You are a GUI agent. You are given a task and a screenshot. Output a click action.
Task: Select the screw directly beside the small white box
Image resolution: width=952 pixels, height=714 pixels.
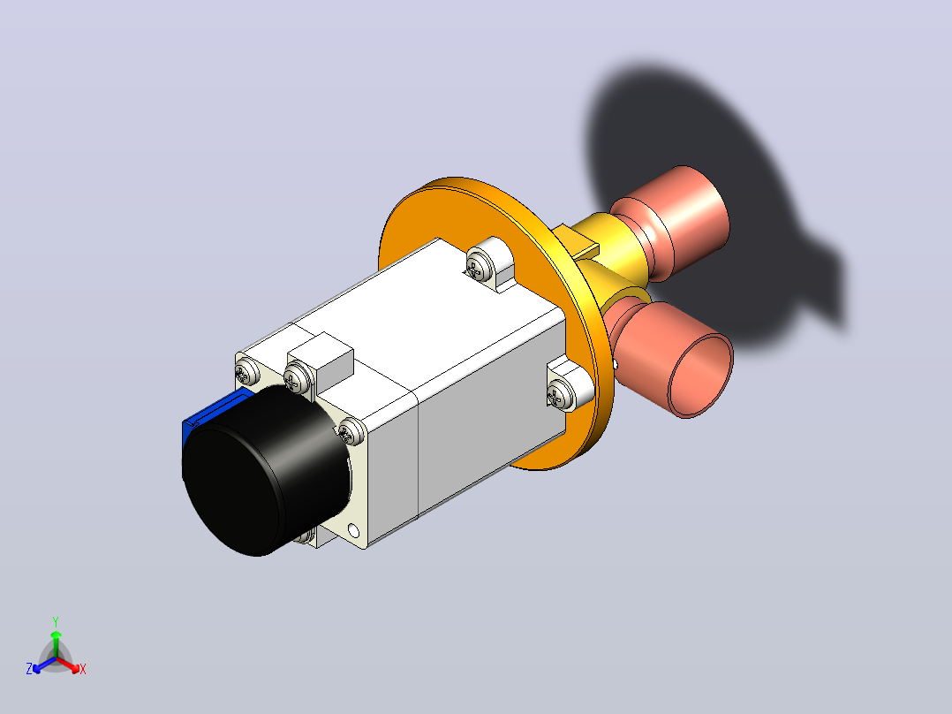(x=298, y=377)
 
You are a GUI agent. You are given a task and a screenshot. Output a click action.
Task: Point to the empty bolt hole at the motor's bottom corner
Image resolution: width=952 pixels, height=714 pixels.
(x=353, y=532)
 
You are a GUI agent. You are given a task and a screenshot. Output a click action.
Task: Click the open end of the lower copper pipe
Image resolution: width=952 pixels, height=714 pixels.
(x=700, y=376)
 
